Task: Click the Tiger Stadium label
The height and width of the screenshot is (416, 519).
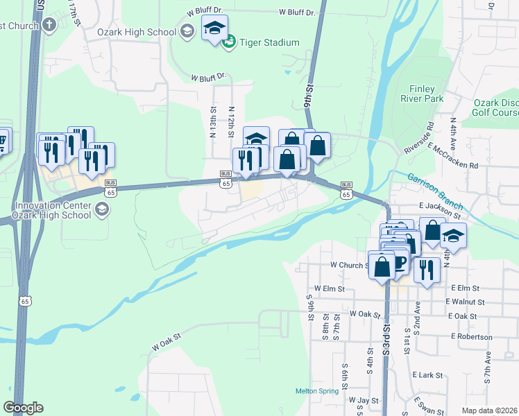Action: pyautogui.click(x=269, y=43)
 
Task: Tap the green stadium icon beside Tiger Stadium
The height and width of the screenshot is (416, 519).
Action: pyautogui.click(x=229, y=43)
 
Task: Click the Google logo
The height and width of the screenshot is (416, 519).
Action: pyautogui.click(x=23, y=408)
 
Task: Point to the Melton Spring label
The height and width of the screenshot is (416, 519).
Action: pyautogui.click(x=317, y=391)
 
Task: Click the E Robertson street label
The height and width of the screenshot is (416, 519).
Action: pyautogui.click(x=471, y=337)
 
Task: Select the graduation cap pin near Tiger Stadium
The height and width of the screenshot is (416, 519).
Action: pyautogui.click(x=214, y=28)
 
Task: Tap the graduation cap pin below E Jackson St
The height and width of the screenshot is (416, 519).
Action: pyautogui.click(x=453, y=236)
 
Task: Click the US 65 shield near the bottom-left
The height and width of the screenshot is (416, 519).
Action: pyautogui.click(x=26, y=301)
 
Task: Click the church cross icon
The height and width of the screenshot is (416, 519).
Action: pyautogui.click(x=49, y=26)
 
